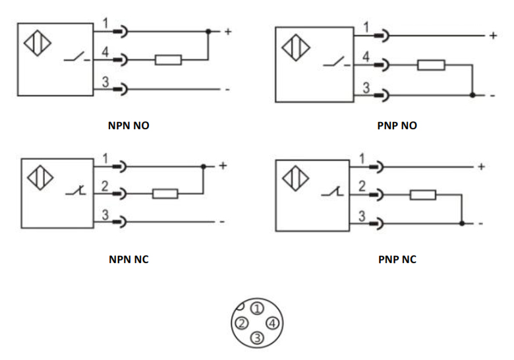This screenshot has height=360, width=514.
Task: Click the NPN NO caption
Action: [128, 125]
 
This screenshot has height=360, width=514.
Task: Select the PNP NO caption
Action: [397, 125]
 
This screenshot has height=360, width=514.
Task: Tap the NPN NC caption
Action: [128, 259]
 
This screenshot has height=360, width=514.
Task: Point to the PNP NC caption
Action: [397, 259]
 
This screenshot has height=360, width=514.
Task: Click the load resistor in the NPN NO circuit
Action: [168, 60]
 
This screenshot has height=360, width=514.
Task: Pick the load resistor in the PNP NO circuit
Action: [431, 65]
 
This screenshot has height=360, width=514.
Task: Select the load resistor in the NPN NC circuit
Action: [165, 194]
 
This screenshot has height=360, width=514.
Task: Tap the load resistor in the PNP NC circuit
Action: [422, 195]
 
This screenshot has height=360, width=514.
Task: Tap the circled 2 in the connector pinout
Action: [242, 323]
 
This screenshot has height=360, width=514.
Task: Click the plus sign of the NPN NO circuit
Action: [227, 31]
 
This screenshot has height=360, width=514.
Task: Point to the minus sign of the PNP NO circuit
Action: [492, 96]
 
